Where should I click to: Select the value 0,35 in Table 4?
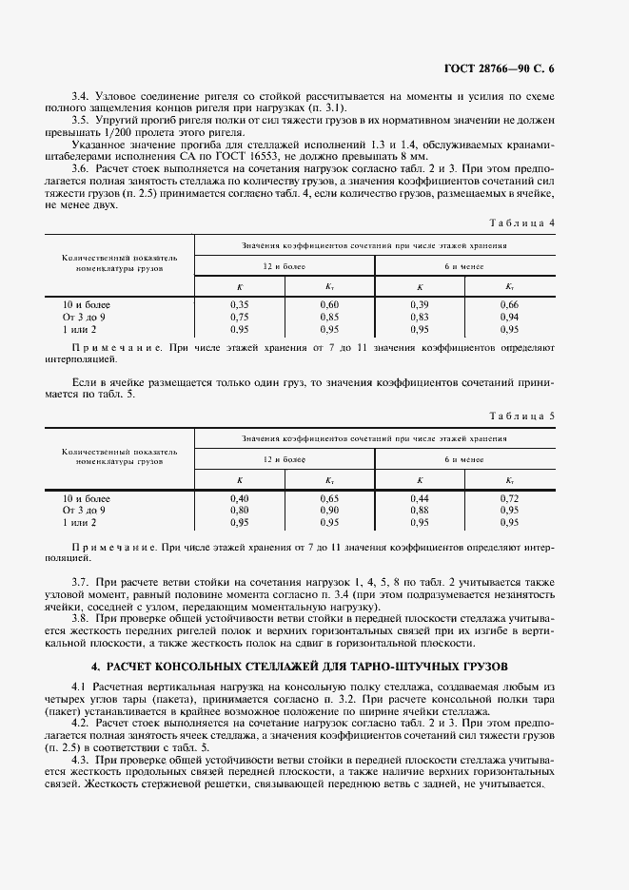tap(240, 304)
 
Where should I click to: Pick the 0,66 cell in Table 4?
tap(509, 304)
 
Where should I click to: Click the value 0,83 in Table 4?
tap(420, 317)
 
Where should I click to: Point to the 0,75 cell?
tap(240, 317)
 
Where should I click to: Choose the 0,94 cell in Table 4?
tap(509, 317)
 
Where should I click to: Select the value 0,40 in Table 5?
tap(240, 498)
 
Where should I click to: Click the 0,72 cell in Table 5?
tap(509, 498)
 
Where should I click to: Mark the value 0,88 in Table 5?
tap(420, 511)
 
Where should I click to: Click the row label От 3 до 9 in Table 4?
tap(84, 317)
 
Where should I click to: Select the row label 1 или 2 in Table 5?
tap(80, 523)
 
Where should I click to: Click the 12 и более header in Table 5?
tap(285, 459)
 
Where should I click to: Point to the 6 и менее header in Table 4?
tap(464, 266)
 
